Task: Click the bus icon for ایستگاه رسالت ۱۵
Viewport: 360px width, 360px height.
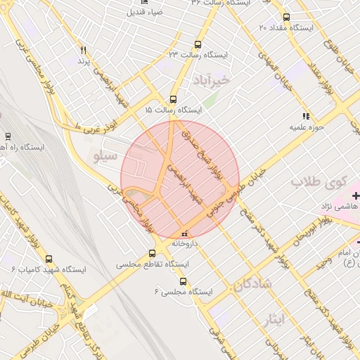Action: (x=173, y=99)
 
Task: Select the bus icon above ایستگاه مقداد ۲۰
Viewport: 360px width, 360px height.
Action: (x=285, y=18)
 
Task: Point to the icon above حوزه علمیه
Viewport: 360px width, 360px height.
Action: (x=305, y=115)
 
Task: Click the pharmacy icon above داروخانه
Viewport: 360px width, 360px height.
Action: (x=184, y=233)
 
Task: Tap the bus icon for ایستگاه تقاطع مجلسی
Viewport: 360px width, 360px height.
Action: (x=153, y=254)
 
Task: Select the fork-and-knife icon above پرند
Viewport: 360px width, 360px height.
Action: (x=84, y=50)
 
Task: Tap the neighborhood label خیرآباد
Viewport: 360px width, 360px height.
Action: (x=215, y=80)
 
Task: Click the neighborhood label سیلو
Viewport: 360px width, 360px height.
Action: (x=103, y=154)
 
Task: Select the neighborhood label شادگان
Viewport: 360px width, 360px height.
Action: (x=252, y=285)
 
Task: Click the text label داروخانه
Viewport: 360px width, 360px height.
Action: (x=184, y=243)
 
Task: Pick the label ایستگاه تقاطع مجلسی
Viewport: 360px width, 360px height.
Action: (x=153, y=265)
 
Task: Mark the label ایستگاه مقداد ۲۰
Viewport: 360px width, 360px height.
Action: (x=289, y=29)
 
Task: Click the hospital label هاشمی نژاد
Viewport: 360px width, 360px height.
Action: (x=335, y=206)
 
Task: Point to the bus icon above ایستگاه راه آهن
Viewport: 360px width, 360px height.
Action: (x=8, y=136)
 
